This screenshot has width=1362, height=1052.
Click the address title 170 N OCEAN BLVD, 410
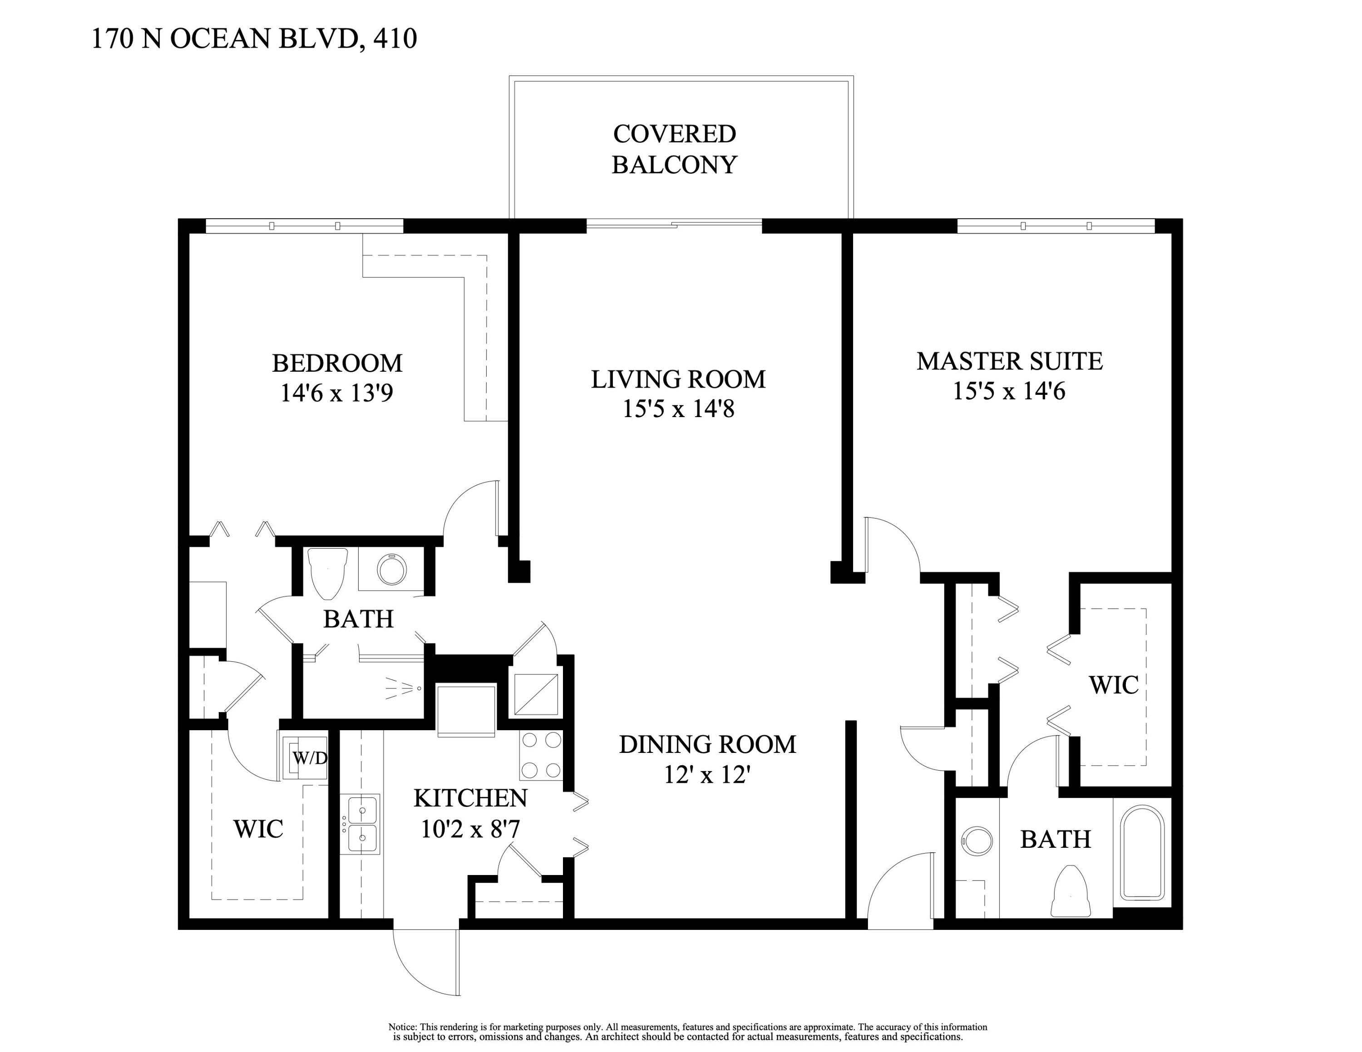[254, 39]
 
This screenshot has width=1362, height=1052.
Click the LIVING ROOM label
[678, 379]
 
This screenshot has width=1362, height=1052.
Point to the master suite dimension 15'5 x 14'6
[1008, 391]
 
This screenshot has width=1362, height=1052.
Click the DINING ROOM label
[707, 744]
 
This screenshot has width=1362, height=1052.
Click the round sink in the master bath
[977, 841]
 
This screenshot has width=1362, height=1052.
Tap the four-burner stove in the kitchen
[541, 755]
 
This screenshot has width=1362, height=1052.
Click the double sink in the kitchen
[362, 823]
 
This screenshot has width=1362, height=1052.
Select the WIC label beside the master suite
[1113, 685]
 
